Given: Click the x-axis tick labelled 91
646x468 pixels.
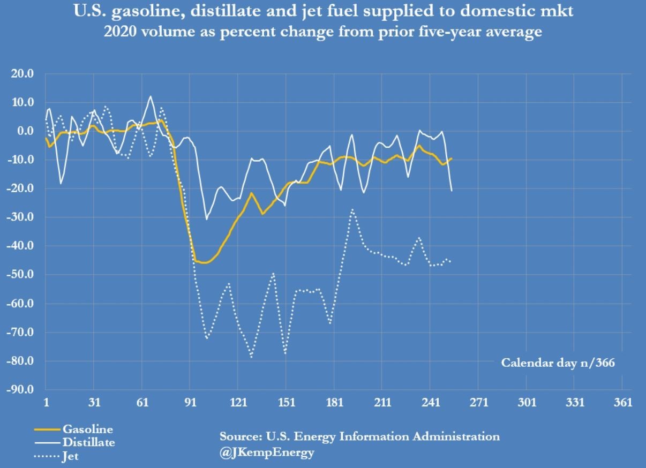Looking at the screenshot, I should coord(190,403).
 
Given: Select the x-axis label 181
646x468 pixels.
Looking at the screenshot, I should coord(334,403).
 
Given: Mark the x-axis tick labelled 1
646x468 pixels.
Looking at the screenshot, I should coord(46,403).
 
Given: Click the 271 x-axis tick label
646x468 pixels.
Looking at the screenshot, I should coord(478,403).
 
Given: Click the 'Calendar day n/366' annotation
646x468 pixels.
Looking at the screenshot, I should coord(558,363).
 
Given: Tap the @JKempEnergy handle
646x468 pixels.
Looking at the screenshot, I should coord(267,452).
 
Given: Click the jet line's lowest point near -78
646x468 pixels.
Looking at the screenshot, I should coord(251,357).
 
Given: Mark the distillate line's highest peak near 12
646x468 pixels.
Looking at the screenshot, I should coord(151,96).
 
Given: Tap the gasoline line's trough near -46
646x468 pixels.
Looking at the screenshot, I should coord(204,262).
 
